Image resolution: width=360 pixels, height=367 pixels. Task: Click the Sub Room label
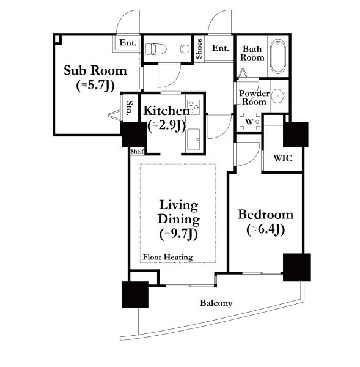(x=95, y=70)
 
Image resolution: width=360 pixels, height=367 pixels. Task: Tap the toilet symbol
(x=156, y=49)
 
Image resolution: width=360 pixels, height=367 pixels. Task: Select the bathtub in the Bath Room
(x=278, y=56)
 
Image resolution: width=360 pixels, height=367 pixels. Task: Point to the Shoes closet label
(x=199, y=49)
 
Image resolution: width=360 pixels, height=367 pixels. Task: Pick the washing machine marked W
(x=249, y=122)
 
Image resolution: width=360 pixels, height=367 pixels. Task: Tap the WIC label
(x=283, y=158)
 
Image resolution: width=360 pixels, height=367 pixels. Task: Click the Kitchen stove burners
(x=194, y=107)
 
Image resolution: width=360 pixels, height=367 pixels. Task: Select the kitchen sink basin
(x=193, y=139)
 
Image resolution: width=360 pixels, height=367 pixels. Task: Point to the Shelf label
(x=138, y=151)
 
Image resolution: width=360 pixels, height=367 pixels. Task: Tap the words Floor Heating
(x=168, y=257)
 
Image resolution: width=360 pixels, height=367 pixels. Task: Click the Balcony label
(x=216, y=303)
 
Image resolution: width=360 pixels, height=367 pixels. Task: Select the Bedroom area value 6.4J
(x=266, y=230)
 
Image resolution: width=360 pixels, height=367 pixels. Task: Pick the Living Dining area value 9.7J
(x=179, y=234)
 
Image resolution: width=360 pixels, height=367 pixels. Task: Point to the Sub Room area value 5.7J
(x=95, y=86)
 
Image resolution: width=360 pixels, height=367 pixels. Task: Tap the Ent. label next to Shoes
(x=221, y=48)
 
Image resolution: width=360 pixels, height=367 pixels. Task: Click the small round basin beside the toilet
(x=185, y=49)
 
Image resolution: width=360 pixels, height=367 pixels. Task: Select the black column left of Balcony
(x=135, y=295)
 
